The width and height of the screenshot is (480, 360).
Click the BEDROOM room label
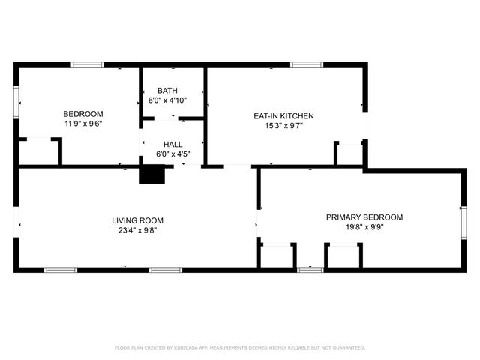(x=82, y=114)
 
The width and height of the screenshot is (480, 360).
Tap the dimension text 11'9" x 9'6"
(x=82, y=124)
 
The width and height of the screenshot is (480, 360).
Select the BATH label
(x=173, y=90)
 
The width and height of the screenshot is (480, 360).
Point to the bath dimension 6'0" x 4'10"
(x=173, y=100)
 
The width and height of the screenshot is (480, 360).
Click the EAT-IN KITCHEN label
(x=283, y=116)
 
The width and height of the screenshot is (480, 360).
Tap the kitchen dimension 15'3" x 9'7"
(x=283, y=126)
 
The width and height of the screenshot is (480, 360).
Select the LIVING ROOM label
(x=137, y=220)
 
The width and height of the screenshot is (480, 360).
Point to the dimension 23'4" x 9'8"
(x=137, y=230)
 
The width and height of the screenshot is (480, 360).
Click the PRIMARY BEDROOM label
(x=364, y=217)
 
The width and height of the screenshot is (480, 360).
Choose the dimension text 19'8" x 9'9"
(x=364, y=227)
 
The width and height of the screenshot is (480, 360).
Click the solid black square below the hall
(x=152, y=174)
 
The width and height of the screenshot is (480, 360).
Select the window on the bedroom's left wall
(x=16, y=101)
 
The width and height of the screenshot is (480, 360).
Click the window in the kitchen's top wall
(x=306, y=64)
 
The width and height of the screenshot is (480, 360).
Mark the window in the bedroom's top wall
(x=88, y=64)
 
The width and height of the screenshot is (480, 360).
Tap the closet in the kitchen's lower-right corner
(x=349, y=154)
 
